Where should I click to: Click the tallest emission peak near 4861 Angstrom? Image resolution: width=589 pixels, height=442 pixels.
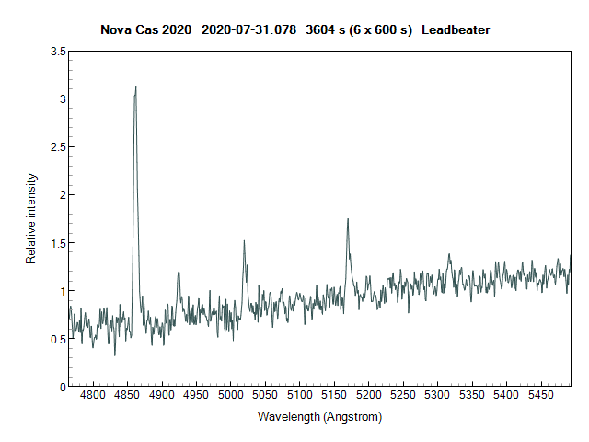[x=136, y=87]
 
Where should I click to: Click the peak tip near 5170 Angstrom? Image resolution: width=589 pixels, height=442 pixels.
[x=348, y=219]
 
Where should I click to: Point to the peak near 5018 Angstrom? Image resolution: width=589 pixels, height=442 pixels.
[x=244, y=241]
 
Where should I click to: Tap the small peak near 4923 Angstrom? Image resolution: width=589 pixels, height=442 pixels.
[x=179, y=272]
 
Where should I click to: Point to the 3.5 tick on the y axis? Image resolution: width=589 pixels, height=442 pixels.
[x=57, y=52]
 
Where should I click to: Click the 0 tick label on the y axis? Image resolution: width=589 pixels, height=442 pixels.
[x=61, y=387]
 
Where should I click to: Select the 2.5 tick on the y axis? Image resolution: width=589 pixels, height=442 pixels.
[x=57, y=147]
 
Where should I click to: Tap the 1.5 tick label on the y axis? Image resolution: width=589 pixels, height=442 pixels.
[x=57, y=243]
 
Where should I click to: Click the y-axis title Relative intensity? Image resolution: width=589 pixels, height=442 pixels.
[x=30, y=218]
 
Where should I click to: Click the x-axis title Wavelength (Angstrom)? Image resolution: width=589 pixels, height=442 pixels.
[x=319, y=416]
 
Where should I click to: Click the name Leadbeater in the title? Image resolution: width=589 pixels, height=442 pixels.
[x=456, y=29]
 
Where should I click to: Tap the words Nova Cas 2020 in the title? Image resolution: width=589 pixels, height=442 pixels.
[x=142, y=29]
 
